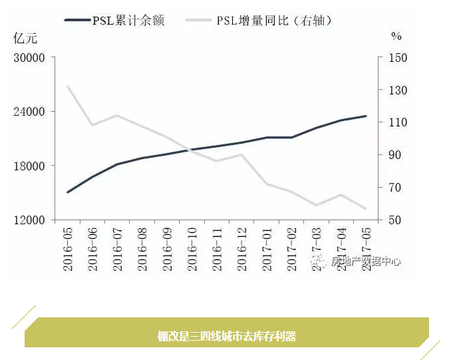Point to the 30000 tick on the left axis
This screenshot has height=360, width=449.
[x=29, y=57]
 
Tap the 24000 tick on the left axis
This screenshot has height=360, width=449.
[x=29, y=111]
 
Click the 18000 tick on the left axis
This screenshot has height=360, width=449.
[x=29, y=166]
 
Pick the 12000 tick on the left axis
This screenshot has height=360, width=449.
[x=29, y=220]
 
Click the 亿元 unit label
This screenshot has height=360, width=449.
[x=25, y=37]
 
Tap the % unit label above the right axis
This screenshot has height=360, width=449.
[x=396, y=37]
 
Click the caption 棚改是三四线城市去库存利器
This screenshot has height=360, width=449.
[x=226, y=336]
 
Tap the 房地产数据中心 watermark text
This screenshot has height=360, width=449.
[x=365, y=262]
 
